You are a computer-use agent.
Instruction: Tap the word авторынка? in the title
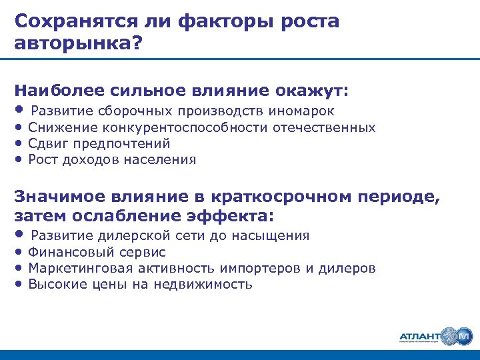[77, 44]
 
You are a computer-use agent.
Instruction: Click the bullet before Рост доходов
[20, 159]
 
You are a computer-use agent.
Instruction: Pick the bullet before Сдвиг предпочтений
[20, 143]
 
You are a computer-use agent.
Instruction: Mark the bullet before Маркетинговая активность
[20, 269]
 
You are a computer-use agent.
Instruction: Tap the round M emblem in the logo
[461, 336]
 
